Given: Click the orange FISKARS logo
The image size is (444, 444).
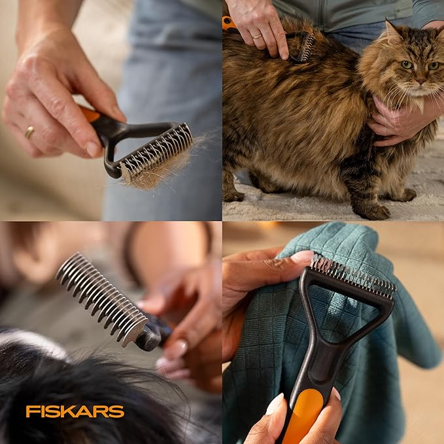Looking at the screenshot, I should (x=75, y=411).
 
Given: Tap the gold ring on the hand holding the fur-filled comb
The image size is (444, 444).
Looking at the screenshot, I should (x=29, y=132).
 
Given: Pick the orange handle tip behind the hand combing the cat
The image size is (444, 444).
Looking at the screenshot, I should (x=228, y=23).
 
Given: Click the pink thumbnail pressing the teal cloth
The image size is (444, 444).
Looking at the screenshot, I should (x=302, y=257).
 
